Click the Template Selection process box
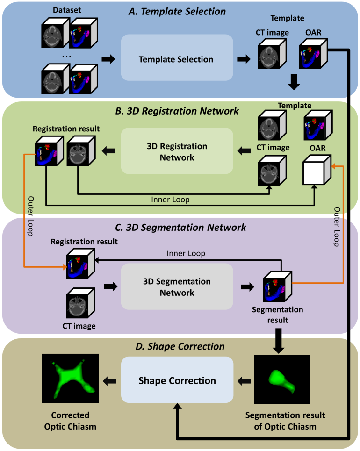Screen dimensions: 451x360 click(176, 59)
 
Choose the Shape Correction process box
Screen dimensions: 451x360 click(177, 380)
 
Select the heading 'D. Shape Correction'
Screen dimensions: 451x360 click(180, 346)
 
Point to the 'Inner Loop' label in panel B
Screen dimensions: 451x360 click(170, 199)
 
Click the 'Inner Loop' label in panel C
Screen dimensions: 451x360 click(186, 253)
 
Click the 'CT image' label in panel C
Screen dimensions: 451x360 click(80, 326)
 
